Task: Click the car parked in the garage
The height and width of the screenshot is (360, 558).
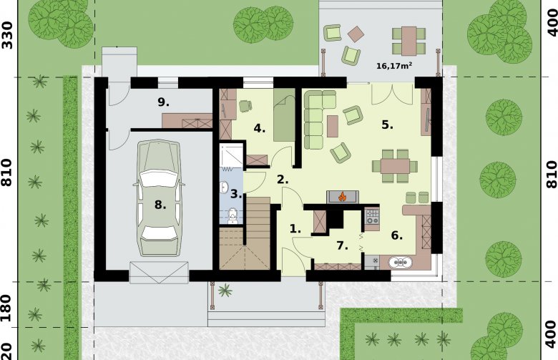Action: (159, 198)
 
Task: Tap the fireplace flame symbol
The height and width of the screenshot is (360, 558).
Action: (343, 196)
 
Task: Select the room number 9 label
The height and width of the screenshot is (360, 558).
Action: (163, 102)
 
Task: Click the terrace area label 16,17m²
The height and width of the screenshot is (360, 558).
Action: (394, 66)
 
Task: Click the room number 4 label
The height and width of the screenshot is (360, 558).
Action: (260, 128)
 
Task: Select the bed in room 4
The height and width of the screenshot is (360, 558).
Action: (284, 115)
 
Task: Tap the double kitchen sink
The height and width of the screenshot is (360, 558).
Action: (401, 263)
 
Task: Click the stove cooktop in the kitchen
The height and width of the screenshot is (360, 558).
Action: (372, 217)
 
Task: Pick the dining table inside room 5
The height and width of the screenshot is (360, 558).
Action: (395, 166)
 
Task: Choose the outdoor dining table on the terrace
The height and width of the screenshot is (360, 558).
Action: (409, 41)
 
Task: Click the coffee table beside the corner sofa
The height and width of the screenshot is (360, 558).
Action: (333, 126)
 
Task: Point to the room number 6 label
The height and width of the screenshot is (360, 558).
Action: (397, 235)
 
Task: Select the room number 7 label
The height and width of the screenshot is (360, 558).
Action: (342, 245)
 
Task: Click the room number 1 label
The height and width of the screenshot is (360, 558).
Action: (295, 229)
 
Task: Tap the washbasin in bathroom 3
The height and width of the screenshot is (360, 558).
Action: (224, 188)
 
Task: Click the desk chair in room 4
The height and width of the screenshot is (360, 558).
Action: (245, 106)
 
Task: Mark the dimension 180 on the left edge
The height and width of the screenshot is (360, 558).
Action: (8, 308)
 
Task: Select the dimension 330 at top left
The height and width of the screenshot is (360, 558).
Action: (7, 35)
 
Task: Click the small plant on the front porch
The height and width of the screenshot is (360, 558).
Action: (225, 290)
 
